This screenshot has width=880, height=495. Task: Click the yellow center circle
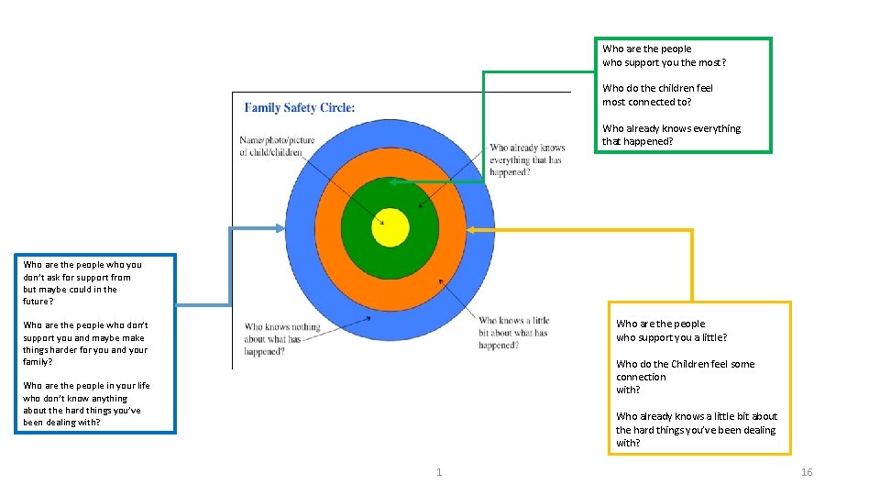click(390, 227)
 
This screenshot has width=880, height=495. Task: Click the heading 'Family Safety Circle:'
click(300, 107)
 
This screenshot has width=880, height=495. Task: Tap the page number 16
click(807, 472)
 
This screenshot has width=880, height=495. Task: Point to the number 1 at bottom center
click(439, 472)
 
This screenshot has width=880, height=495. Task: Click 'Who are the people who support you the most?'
click(664, 56)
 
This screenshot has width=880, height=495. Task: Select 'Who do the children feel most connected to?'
click(657, 95)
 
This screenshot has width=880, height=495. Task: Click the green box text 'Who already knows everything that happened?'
click(671, 135)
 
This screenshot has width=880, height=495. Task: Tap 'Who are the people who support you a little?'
click(671, 330)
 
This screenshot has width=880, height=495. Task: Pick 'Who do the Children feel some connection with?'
click(685, 377)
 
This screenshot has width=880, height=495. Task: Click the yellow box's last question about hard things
click(696, 429)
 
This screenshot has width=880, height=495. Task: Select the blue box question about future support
click(82, 282)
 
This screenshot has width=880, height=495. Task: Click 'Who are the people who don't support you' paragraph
click(85, 343)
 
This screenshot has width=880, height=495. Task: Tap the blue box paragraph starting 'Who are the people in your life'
click(86, 404)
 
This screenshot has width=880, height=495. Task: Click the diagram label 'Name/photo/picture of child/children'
click(277, 147)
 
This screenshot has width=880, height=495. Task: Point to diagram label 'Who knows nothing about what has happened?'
click(282, 339)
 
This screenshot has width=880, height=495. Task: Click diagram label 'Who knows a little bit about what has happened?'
click(513, 333)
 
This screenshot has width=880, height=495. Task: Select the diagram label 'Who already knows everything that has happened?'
click(526, 159)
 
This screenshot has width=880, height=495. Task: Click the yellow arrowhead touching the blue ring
click(500, 229)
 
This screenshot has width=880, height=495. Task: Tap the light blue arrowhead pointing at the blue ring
click(280, 227)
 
